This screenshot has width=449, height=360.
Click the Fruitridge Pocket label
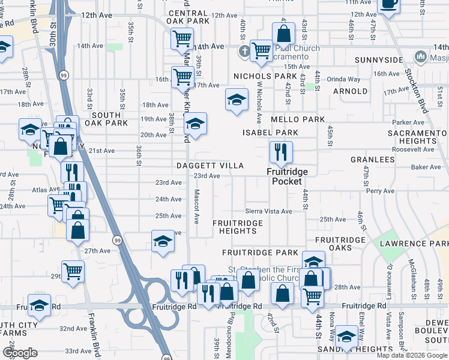pos(287,176)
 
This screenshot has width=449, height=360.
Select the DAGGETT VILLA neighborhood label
pos(209,165)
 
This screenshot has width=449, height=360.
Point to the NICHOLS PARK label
pos(265,76)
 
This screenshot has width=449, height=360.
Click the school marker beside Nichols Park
pos(237,99)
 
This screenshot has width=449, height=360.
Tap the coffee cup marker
pos(388,5)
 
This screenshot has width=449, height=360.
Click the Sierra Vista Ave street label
pos(268,211)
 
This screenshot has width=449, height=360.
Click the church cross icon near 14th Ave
pos(244,51)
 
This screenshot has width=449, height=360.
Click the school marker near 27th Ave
pos(162,242)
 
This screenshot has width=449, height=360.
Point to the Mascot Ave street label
pos(196,207)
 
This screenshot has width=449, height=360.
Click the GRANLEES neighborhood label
pos(373,160)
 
